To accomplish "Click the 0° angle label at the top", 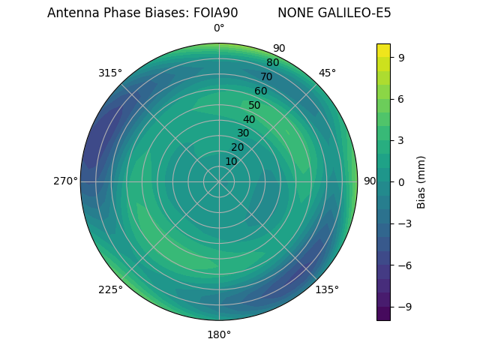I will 219,28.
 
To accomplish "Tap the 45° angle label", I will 327,73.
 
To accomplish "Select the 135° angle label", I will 327,289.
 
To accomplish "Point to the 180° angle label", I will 219,334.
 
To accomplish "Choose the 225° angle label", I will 110,289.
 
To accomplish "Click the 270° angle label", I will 66,181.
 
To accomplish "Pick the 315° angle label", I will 110,73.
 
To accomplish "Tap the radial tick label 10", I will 231,161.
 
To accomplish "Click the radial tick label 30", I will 243,133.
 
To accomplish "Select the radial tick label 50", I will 255,106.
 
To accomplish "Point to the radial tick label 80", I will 272,63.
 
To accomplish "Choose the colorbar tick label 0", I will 402,181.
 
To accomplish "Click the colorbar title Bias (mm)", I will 421,181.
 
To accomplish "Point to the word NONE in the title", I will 293,13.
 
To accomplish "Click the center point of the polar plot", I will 219,181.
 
